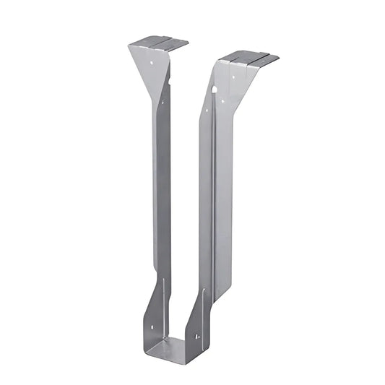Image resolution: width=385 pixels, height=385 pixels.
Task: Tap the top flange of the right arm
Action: (249, 57)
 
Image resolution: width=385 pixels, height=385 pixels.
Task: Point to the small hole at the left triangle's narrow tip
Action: (163, 102)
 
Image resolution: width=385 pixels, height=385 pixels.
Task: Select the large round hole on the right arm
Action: (214, 90)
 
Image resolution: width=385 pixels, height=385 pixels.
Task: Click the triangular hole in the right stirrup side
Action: (196, 335)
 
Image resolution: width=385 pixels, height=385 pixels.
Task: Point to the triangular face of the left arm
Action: (150, 65)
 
